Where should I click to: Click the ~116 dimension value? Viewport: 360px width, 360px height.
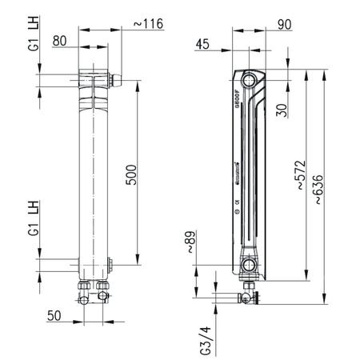(x=147, y=25)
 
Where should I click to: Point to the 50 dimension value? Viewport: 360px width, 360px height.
(x=54, y=317)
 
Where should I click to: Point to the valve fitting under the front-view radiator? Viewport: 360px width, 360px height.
(x=93, y=290)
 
